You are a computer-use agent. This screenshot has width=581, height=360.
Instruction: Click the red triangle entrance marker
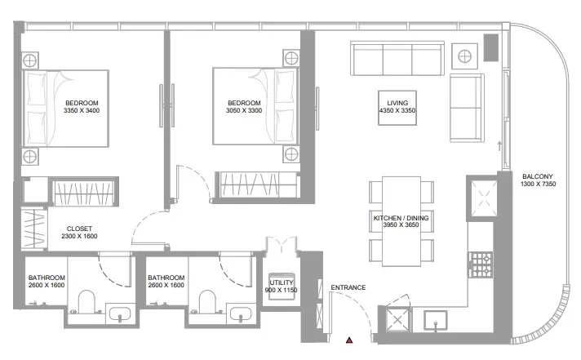point(349,339)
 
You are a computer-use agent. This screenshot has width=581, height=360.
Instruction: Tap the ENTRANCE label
point(348,287)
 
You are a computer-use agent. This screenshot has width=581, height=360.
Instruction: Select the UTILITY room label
point(282,282)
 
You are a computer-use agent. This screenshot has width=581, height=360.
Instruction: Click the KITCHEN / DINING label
point(401,219)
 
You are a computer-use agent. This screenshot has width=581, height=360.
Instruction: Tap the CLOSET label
point(79,229)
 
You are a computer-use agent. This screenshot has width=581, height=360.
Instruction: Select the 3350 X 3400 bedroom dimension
point(82,111)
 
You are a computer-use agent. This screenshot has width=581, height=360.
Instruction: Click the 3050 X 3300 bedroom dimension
point(245,111)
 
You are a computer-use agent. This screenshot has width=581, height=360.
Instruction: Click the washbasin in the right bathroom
point(240,315)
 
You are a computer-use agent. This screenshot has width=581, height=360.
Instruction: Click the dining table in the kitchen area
point(401,220)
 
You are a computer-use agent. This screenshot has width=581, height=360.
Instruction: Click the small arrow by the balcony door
point(498,146)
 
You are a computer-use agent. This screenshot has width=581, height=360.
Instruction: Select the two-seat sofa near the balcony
point(466,109)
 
